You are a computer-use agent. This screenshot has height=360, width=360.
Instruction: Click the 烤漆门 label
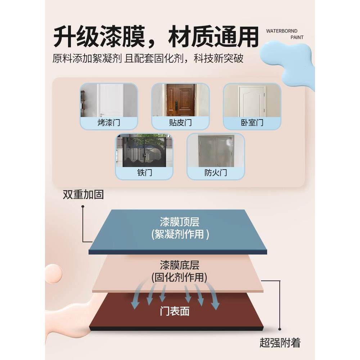[x=108, y=123]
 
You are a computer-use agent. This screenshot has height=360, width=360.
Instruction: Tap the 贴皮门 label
[x=180, y=123]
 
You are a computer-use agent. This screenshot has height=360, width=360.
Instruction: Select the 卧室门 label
[x=252, y=123]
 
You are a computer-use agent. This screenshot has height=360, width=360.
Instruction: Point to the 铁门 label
[x=144, y=173]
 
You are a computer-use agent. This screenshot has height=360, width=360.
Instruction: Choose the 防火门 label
[x=216, y=173]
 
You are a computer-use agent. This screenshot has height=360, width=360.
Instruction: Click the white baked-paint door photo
[x=108, y=100]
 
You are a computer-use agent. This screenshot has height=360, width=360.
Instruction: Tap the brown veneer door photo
[x=180, y=100]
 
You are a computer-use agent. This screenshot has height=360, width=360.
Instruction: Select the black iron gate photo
[x=144, y=151]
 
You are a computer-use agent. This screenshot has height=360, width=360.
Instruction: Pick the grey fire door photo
[x=216, y=151]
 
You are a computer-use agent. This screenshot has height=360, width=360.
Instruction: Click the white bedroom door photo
[x=252, y=100]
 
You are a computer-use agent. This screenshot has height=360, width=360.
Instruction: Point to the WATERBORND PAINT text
[x=284, y=34]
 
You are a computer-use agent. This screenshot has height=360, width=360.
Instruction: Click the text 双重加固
[x=83, y=195]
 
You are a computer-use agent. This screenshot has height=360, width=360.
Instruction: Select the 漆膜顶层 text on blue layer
[x=180, y=221]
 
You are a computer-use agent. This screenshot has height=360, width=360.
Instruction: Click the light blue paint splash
[x=292, y=61]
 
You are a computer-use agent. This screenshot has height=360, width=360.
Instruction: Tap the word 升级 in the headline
[x=74, y=37]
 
